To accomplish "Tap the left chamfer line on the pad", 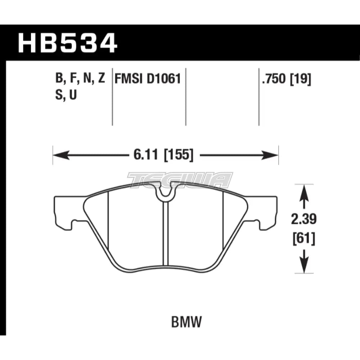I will (108, 223).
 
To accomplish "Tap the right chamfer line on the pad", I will (224, 223).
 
